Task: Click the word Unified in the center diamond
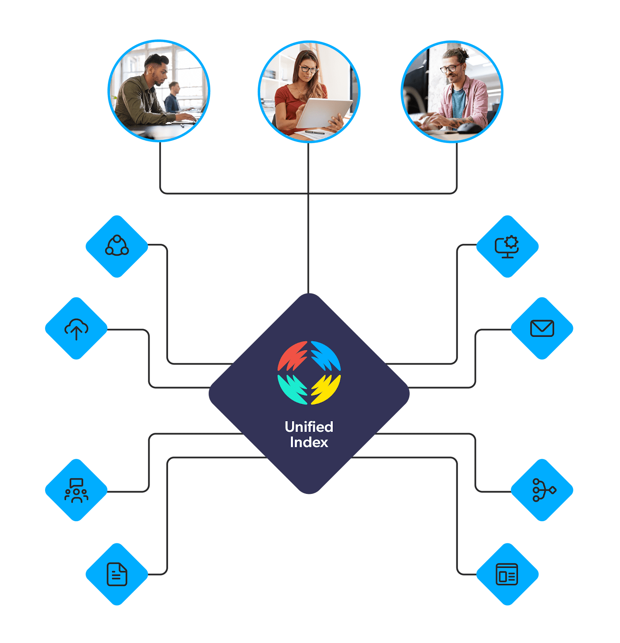309,427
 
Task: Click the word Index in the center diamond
309,442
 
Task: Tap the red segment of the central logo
292,355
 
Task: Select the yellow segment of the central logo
326,389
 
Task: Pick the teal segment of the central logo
292,389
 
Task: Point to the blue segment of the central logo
326,355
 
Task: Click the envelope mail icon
542,328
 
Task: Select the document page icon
117,574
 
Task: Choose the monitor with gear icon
507,246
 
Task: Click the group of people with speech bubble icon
76,490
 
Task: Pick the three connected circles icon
117,246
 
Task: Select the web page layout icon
507,574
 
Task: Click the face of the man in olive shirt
158,74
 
